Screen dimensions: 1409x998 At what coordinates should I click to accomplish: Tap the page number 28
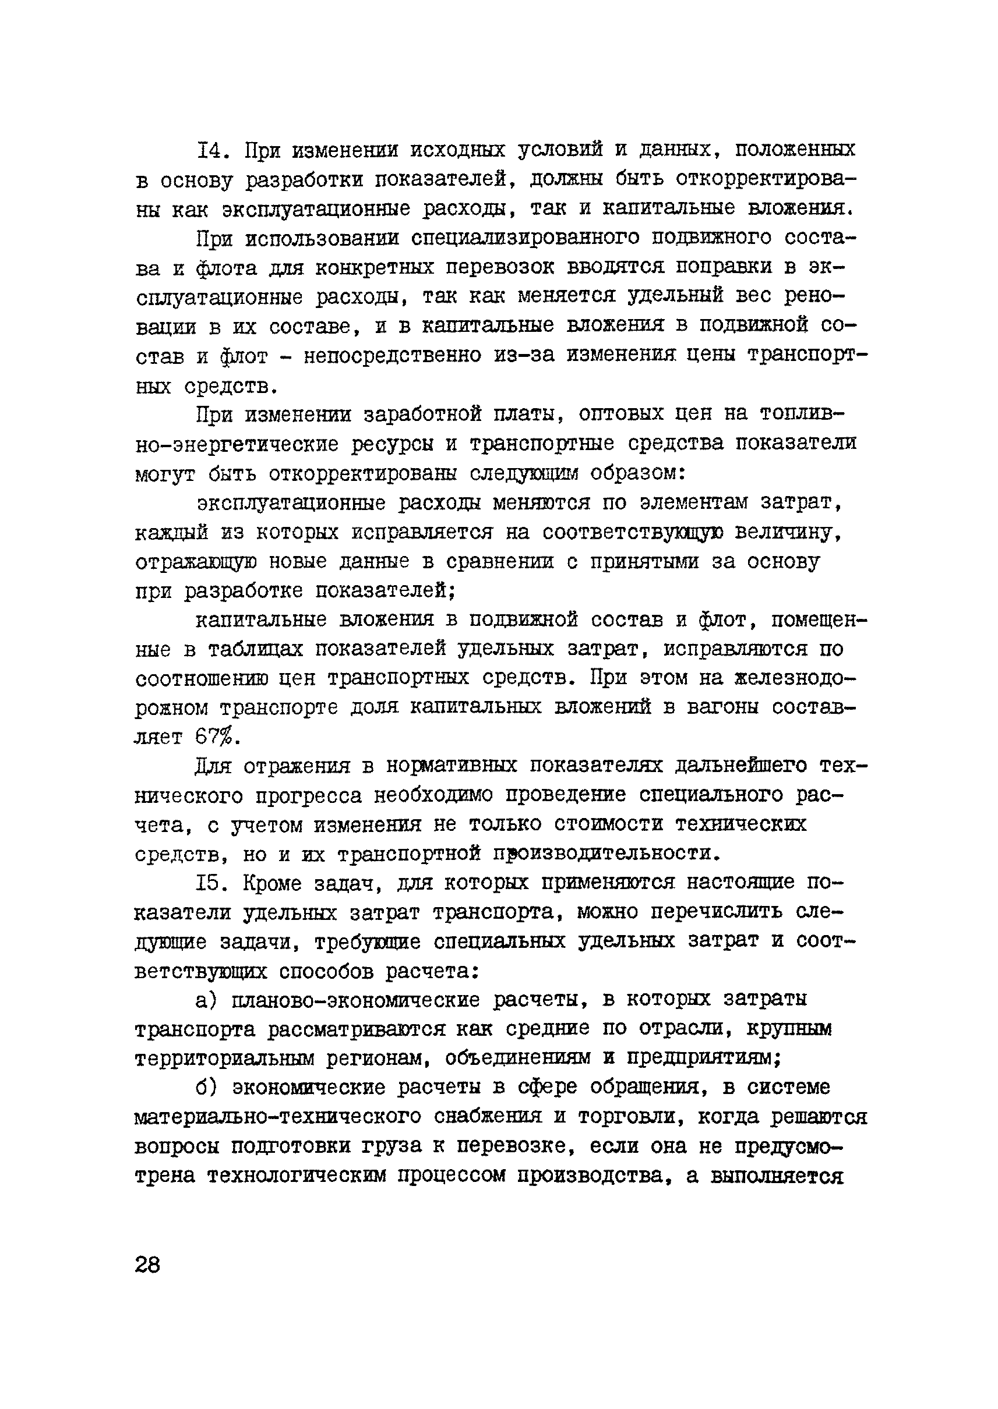(147, 1265)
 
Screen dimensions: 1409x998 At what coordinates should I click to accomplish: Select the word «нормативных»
(452, 766)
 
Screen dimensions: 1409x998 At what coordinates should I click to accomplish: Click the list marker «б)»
(207, 1088)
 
